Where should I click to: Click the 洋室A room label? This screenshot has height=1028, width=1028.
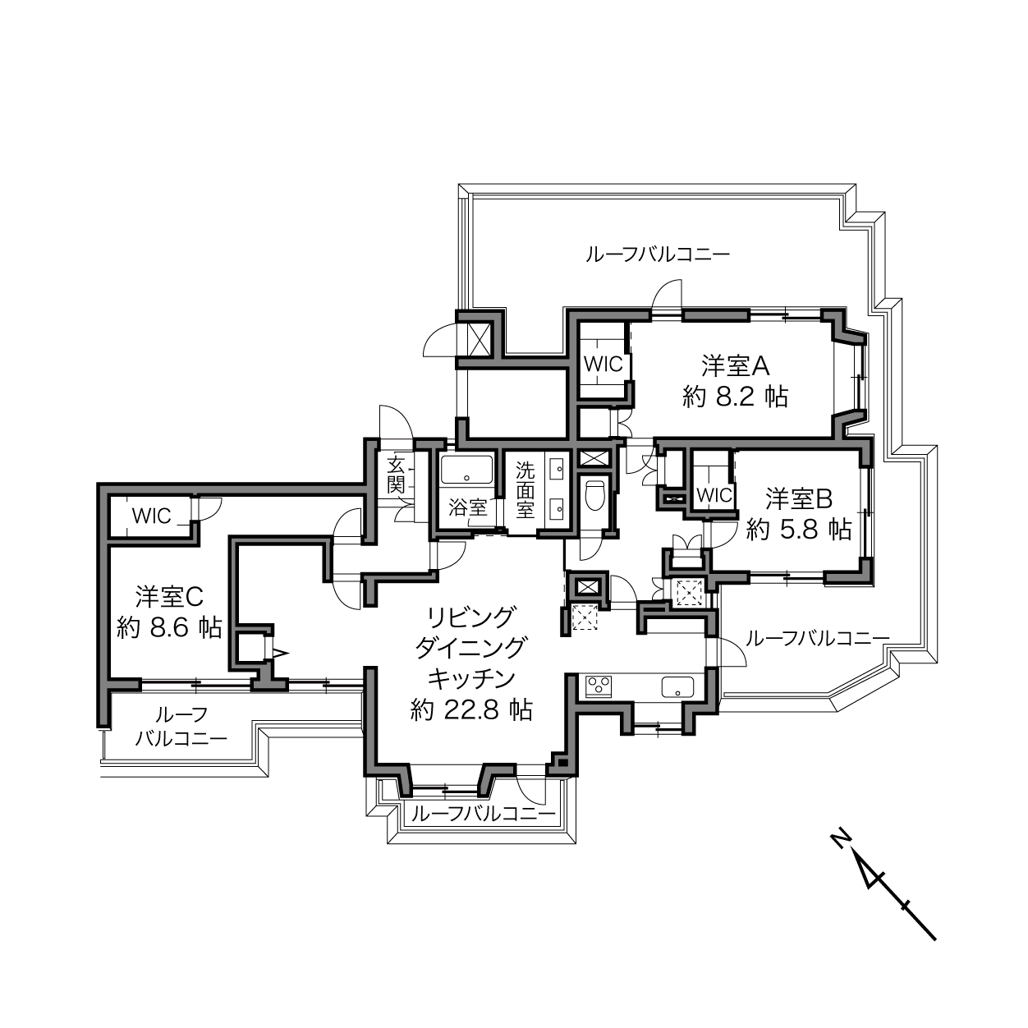pos(735,366)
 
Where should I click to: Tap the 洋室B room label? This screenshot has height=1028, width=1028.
pos(799,498)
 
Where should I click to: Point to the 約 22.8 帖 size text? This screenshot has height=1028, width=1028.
pos(471,710)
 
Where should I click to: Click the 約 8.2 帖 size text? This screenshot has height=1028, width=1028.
pos(735,397)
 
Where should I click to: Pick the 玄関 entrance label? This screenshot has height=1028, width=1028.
pos(395,475)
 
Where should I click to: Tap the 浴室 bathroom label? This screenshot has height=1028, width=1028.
pos(468,507)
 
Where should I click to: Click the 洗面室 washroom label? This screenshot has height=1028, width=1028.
pos(525,490)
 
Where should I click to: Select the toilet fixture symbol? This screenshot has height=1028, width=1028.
pos(594,494)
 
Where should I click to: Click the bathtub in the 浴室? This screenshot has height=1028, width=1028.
pos(467,470)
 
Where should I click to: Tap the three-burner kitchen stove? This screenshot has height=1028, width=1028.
pos(599,686)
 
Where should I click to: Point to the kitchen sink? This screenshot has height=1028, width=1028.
pos(677,686)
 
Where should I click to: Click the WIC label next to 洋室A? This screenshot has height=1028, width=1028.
pos(603,364)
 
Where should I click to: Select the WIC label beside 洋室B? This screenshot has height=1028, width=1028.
pos(714,495)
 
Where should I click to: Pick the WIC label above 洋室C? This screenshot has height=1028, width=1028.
pos(152,516)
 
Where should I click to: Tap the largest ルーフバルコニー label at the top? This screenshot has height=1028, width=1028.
pos(657,254)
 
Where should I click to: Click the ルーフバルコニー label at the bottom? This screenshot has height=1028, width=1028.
pos(484,814)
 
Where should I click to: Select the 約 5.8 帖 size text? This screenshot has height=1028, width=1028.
pos(799,530)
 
